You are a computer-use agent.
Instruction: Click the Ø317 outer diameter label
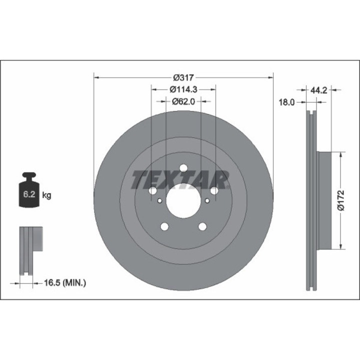(x=183, y=77)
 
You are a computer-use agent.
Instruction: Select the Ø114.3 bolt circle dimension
(x=183, y=89)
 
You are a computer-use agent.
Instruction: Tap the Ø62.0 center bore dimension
(x=183, y=101)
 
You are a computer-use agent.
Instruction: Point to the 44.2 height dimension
(x=318, y=90)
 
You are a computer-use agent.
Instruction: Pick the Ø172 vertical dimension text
(x=341, y=201)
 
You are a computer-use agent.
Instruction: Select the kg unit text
(x=46, y=195)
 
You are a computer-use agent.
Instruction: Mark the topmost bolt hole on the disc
(x=183, y=168)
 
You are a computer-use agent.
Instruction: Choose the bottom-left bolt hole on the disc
(x=164, y=227)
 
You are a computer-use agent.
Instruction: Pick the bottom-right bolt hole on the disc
(x=202, y=227)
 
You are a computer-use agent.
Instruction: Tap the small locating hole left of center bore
(x=159, y=201)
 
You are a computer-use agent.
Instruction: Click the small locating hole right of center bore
(x=207, y=201)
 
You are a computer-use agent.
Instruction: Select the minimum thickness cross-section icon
(x=30, y=250)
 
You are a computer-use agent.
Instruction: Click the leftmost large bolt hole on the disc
(x=152, y=190)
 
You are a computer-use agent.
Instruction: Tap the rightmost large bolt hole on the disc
(x=214, y=190)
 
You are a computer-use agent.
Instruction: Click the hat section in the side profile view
(x=324, y=200)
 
